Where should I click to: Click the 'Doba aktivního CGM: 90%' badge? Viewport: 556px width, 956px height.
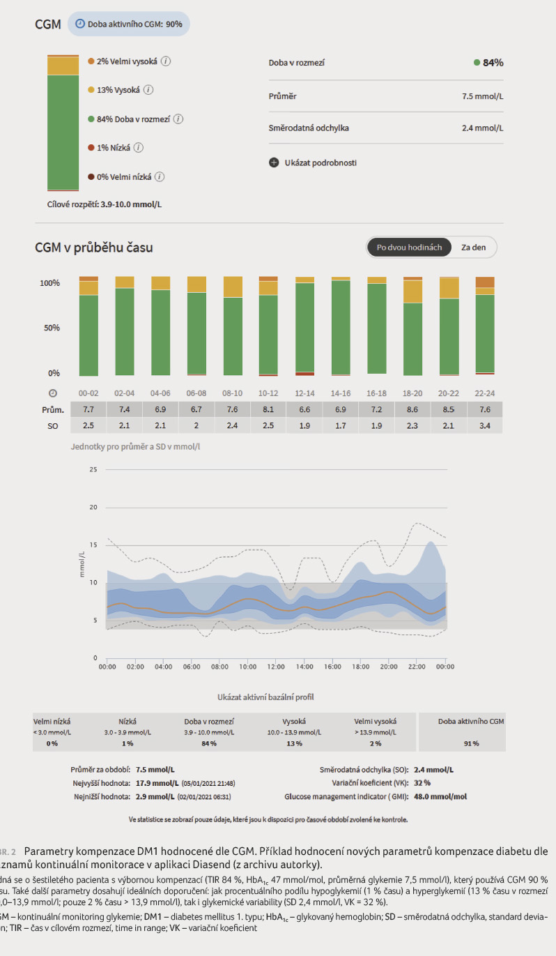pos(128,24)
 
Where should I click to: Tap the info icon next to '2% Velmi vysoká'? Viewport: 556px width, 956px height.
pos(166,61)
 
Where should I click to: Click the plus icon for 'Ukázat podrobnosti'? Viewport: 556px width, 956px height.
pos(274,162)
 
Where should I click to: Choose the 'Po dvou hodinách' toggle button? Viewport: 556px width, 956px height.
pos(409,248)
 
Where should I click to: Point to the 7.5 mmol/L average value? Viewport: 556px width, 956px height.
pos(482,96)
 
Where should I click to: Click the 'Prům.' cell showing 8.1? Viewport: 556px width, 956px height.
pos(268,409)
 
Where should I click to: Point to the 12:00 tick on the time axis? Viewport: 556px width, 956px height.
pos(276,667)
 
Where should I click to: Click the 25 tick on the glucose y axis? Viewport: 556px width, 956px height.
pos(93,469)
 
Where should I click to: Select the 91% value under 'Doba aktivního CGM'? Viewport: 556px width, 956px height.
pos(471,744)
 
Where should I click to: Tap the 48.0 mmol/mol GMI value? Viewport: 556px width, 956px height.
pos(440,796)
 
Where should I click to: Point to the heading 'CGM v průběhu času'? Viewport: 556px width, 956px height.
pos(94,248)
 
